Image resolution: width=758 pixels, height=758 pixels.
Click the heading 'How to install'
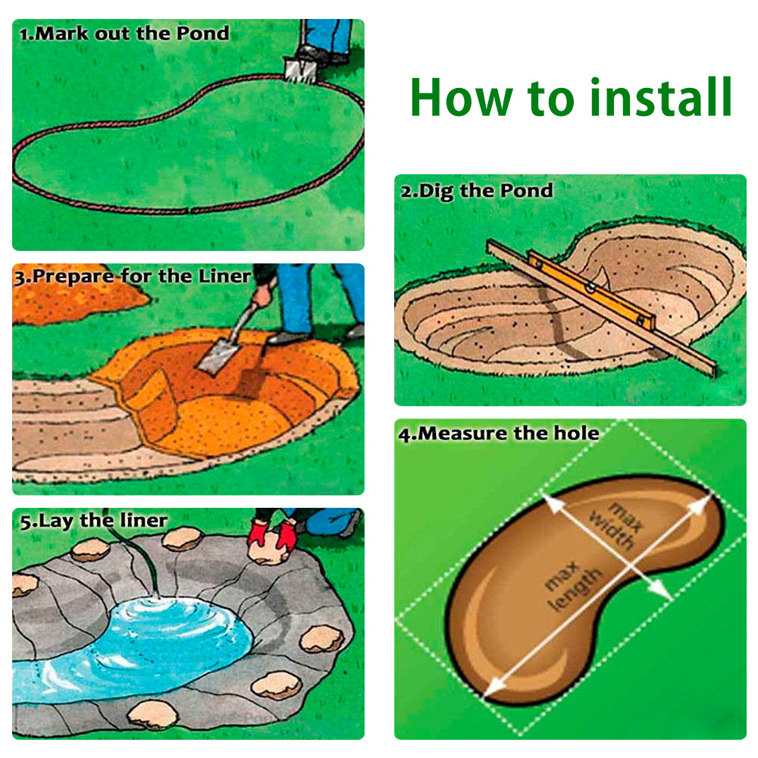pyautogui.click(x=571, y=98)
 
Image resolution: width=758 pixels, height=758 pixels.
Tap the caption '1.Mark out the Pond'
pyautogui.click(x=124, y=34)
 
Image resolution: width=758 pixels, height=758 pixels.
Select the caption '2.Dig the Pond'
pyautogui.click(x=477, y=190)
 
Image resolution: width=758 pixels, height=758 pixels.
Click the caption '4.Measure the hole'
pyautogui.click(x=499, y=434)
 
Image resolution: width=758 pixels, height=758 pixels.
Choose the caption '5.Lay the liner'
pyautogui.click(x=94, y=521)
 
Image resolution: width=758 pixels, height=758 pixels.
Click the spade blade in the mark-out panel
pyautogui.click(x=299, y=70)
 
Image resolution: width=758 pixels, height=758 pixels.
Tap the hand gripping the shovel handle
pyautogui.click(x=262, y=293)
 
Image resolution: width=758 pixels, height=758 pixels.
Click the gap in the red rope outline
pyautogui.click(x=189, y=211)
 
